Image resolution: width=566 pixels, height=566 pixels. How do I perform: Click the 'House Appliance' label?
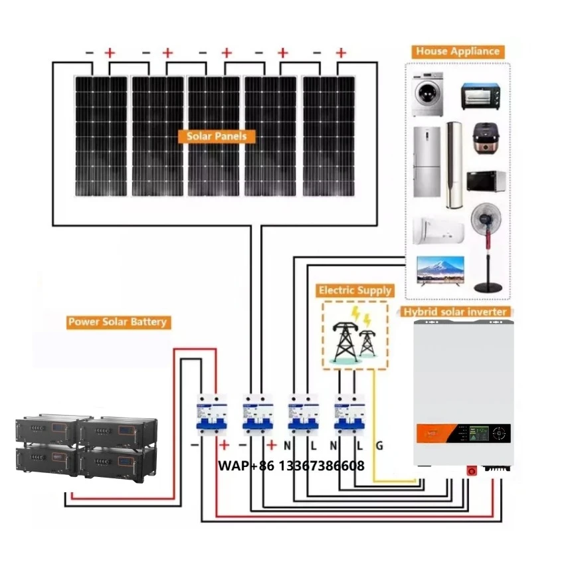pyautogui.click(x=457, y=51)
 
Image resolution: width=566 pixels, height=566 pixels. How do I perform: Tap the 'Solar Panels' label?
pyautogui.click(x=216, y=136)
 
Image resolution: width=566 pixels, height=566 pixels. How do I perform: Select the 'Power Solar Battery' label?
pyautogui.click(x=118, y=322)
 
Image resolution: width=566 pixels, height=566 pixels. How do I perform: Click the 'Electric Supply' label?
pyautogui.click(x=355, y=290)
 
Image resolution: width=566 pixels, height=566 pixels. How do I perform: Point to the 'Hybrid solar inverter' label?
pyautogui.click(x=455, y=312)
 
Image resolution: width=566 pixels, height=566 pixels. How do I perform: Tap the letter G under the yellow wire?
pyautogui.click(x=379, y=446)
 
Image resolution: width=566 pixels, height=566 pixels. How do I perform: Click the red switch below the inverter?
pyautogui.click(x=472, y=470)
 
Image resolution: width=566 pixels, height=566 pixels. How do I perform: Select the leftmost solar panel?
pyautogui.click(x=100, y=136)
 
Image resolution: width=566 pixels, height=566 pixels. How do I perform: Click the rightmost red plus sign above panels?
pyautogui.click(x=341, y=52)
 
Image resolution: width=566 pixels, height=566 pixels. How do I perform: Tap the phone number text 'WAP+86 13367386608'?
pyautogui.click(x=291, y=466)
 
